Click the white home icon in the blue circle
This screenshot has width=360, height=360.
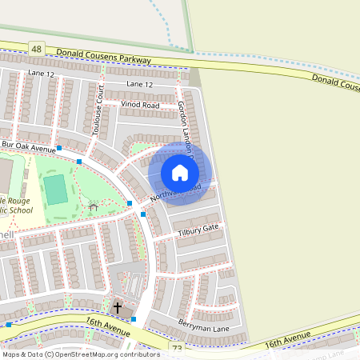(180, 172)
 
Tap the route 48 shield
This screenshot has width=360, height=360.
(37, 49)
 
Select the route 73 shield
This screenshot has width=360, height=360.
(177, 349)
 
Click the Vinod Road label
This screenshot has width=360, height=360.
(140, 105)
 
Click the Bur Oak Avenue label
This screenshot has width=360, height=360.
(29, 147)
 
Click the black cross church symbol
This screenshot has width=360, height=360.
(118, 306)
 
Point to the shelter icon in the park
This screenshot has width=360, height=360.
(93, 207)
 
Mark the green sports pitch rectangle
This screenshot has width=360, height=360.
(56, 190)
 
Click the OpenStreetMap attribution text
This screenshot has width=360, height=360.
(80, 354)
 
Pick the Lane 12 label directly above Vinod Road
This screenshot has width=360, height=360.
(139, 84)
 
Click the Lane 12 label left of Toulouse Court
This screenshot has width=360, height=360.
(40, 74)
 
